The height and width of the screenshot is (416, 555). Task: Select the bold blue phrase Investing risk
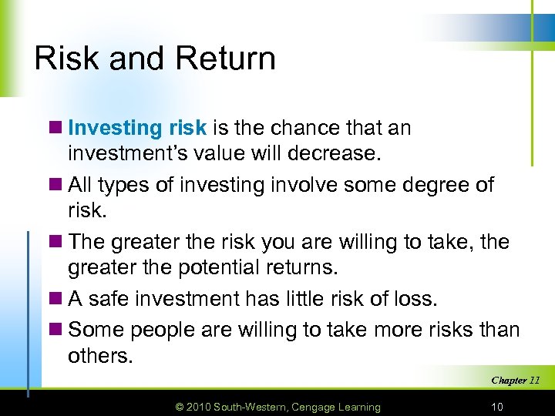coord(137,128)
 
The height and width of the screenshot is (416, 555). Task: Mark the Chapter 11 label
coord(515,380)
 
